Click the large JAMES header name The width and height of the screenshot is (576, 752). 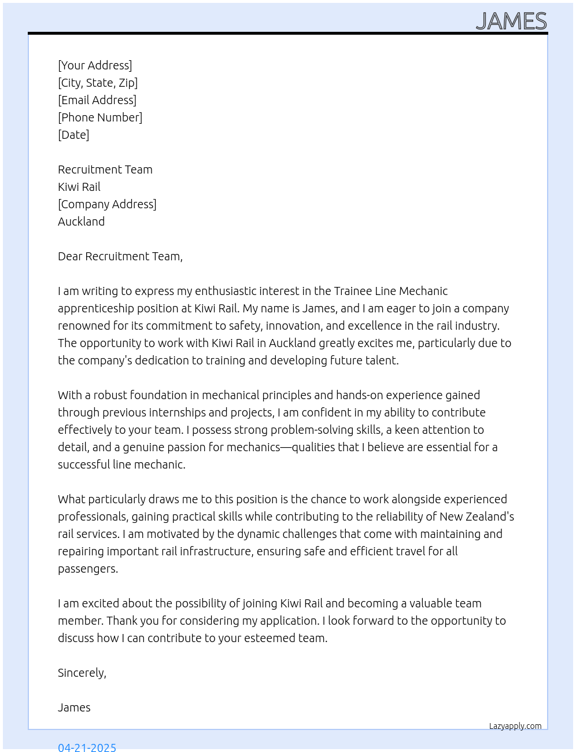pyautogui.click(x=511, y=21)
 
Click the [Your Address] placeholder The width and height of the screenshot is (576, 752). pyautogui.click(x=95, y=65)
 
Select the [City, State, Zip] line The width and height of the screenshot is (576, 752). pyautogui.click(x=98, y=83)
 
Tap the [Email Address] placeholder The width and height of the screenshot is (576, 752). pyautogui.click(x=97, y=100)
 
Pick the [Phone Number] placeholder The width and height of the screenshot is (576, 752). pyautogui.click(x=100, y=117)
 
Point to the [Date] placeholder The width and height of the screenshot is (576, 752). pyautogui.click(x=73, y=135)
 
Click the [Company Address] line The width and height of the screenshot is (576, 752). pyautogui.click(x=107, y=204)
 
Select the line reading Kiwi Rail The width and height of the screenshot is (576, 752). pyautogui.click(x=79, y=187)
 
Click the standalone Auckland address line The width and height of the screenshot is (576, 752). pyautogui.click(x=82, y=222)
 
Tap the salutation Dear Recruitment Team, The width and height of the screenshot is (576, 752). pyautogui.click(x=120, y=256)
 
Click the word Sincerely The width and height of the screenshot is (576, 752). pyautogui.click(x=82, y=673)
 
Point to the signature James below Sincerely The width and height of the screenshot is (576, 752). pyautogui.click(x=74, y=707)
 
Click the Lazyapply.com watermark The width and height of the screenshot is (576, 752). pyautogui.click(x=515, y=726)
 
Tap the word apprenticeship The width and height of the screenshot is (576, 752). pyautogui.click(x=95, y=308)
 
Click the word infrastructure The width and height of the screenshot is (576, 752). pyautogui.click(x=215, y=551)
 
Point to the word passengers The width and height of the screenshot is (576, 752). pyautogui.click(x=87, y=569)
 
